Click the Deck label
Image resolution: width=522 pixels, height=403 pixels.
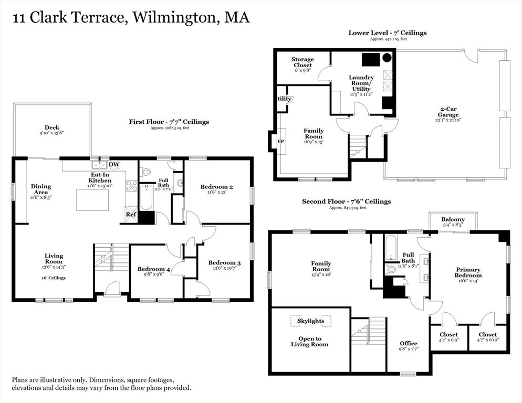coord(52,128)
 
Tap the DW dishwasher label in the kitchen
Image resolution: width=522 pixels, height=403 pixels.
coord(114,164)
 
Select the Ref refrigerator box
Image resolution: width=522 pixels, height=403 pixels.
coord(130,214)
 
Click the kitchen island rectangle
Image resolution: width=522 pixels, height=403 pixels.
coord(92,200)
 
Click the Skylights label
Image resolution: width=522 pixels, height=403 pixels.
coord(310,321)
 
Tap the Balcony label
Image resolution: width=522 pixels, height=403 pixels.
coord(453,219)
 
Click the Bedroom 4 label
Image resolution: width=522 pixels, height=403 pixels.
coord(154,269)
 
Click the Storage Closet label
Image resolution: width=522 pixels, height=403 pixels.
coord(302,62)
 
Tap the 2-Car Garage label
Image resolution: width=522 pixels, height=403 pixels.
coord(449,112)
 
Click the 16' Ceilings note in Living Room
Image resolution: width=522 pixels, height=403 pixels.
coord(54,278)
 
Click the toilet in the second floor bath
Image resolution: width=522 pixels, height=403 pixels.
coord(391,269)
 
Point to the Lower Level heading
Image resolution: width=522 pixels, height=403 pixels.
coord(388,33)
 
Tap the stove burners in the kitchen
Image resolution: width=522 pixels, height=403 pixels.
coord(131,186)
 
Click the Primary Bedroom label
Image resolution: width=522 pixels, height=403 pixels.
coord(468,272)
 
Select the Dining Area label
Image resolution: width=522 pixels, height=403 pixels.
coord(41,189)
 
